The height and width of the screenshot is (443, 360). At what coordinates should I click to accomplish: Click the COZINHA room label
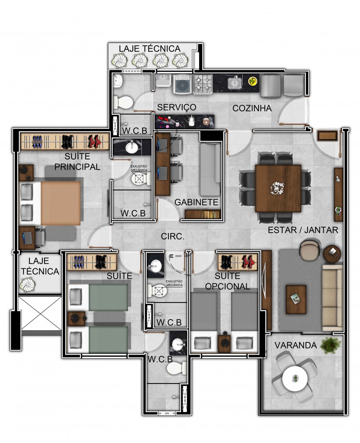click(252, 108)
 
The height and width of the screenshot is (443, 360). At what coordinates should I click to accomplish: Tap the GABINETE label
click(197, 202)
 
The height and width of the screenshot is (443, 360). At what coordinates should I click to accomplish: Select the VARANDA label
click(296, 345)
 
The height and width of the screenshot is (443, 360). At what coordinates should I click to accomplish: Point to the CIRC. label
click(172, 237)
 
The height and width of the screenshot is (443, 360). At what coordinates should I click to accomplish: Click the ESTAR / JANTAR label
click(303, 230)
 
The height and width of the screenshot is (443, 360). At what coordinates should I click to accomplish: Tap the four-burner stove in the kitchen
click(203, 84)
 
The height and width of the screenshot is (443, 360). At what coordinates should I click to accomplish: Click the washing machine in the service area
click(183, 84)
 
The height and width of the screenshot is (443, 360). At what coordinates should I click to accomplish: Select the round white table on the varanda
click(295, 379)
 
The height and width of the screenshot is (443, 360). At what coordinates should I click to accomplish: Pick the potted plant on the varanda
click(330, 345)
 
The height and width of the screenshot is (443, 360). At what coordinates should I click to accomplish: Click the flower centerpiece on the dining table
click(277, 188)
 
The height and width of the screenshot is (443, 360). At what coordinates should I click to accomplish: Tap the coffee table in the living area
click(296, 299)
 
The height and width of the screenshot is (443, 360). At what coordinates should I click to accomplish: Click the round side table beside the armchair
click(332, 254)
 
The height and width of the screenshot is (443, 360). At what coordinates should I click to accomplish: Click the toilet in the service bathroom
click(123, 102)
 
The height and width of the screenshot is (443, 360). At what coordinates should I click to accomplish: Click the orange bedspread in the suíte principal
click(61, 203)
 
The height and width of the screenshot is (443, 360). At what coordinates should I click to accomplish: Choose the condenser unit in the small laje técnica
click(27, 285)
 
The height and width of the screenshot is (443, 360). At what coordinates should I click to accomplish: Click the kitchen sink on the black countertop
click(235, 83)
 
